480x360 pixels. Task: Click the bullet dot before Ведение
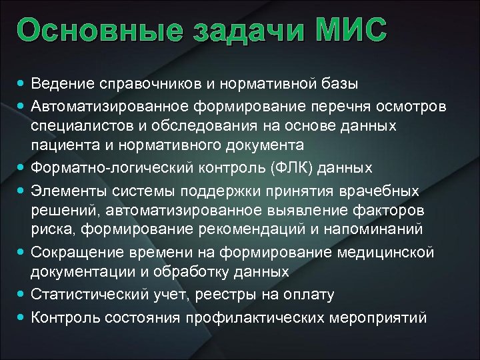[23, 84]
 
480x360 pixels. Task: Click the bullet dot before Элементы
[23, 191]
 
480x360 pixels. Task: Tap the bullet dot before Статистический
[23, 293]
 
